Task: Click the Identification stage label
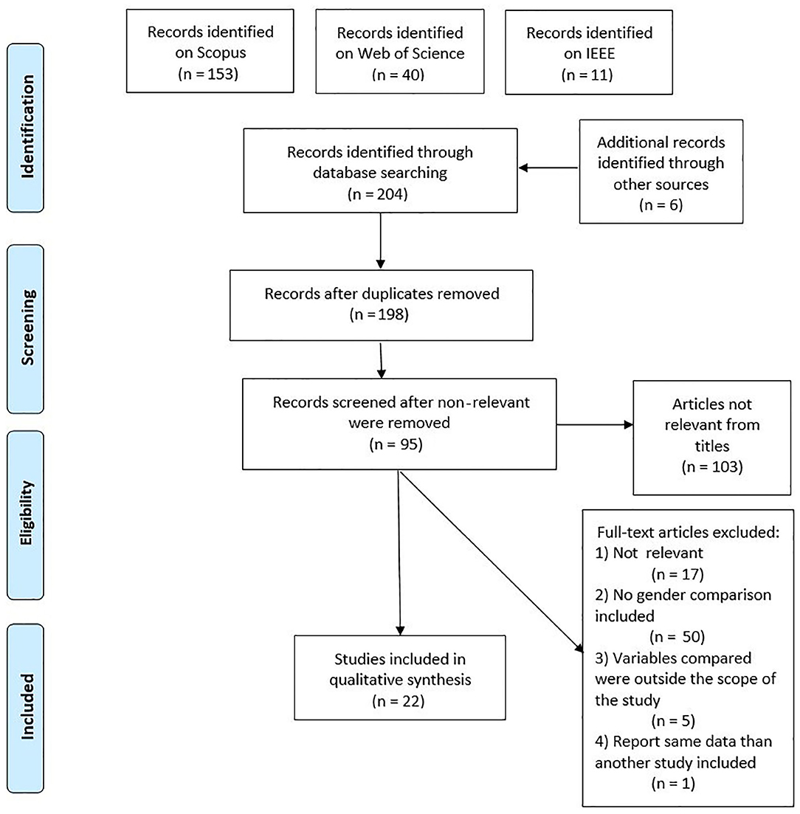click(27, 127)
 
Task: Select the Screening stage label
click(27, 328)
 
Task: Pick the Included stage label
click(27, 706)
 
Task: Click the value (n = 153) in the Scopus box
click(208, 74)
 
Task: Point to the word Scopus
click(210, 52)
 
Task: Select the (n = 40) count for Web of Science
click(399, 75)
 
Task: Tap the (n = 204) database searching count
click(378, 194)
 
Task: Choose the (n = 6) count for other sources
click(661, 205)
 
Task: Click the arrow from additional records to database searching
click(548, 168)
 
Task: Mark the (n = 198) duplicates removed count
click(379, 314)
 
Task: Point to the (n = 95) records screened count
click(396, 444)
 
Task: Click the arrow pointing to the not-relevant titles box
click(595, 424)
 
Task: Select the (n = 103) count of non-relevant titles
click(712, 466)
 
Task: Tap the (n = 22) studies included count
click(399, 701)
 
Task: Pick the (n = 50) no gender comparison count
click(677, 637)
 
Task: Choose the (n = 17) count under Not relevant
click(677, 574)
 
